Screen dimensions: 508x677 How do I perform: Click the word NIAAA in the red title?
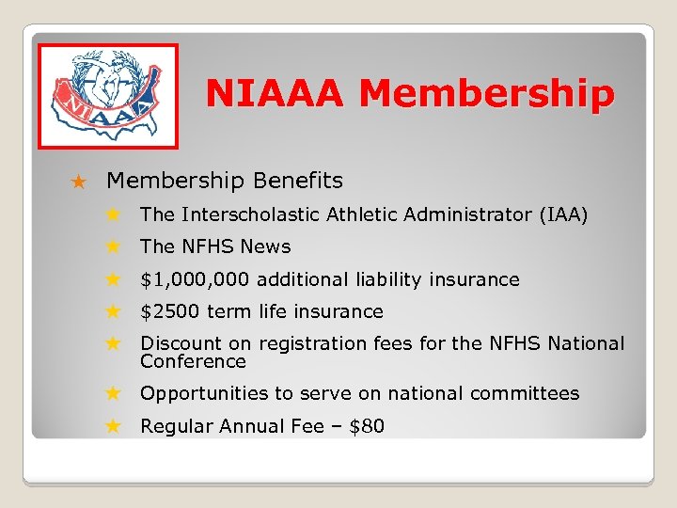point(276,94)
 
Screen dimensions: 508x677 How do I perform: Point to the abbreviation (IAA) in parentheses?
point(564,215)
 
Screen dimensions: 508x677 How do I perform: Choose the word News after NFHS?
point(266,246)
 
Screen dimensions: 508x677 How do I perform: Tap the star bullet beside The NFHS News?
point(112,247)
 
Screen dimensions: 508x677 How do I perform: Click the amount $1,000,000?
point(195,279)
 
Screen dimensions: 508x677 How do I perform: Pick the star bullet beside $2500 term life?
point(112,311)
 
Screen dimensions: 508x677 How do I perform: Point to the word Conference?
point(193,361)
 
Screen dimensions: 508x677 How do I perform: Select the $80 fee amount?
point(368,426)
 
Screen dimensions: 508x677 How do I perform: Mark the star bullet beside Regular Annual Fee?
point(112,426)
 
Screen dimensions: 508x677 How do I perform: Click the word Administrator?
point(456,215)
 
